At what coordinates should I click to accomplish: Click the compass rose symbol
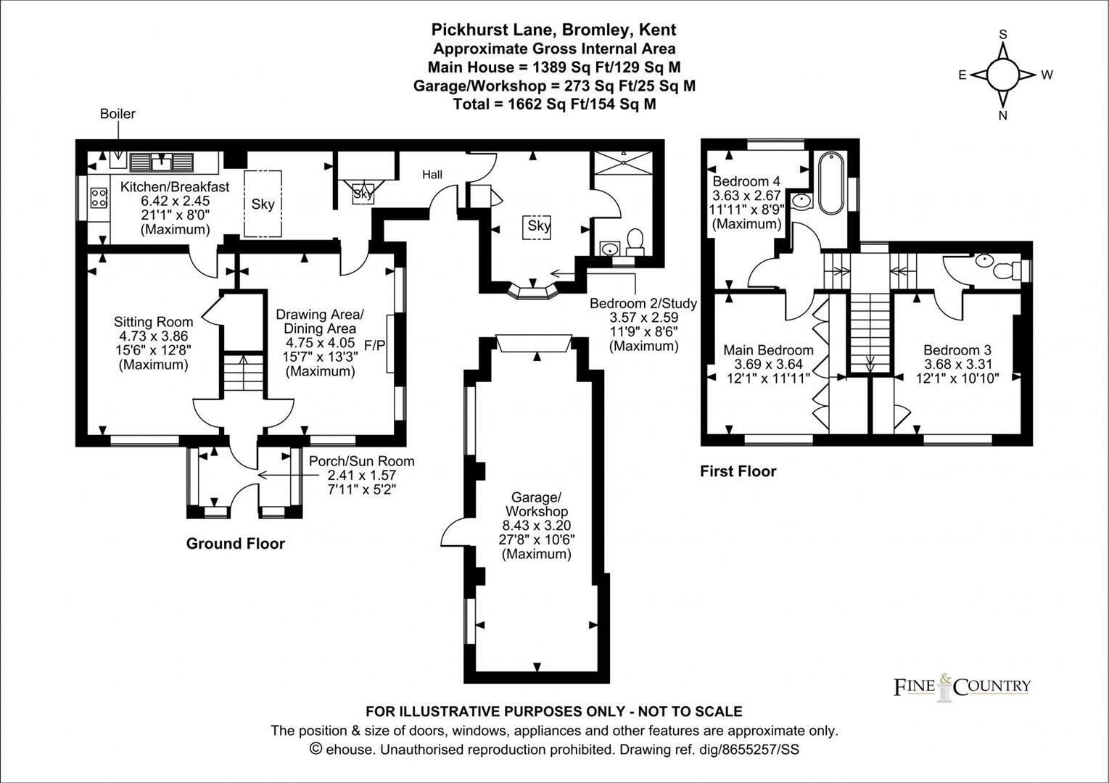click(x=1004, y=75)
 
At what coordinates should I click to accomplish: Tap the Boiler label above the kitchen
click(x=118, y=114)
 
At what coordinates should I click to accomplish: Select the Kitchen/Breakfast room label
click(x=175, y=186)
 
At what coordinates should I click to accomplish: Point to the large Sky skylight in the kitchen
click(x=263, y=204)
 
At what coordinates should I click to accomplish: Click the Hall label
click(x=432, y=175)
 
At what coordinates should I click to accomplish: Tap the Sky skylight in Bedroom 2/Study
click(x=539, y=226)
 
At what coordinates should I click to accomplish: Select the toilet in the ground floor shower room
click(x=636, y=240)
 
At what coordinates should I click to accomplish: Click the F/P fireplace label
click(x=374, y=344)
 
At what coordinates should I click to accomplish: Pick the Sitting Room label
click(x=153, y=322)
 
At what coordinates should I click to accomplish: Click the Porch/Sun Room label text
click(x=361, y=461)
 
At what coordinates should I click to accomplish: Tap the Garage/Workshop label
click(x=536, y=505)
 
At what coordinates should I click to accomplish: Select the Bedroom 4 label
click(x=746, y=181)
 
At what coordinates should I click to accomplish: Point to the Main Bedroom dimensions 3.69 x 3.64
click(x=768, y=364)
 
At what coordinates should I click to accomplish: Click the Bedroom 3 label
click(x=957, y=349)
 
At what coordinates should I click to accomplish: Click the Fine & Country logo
click(x=962, y=686)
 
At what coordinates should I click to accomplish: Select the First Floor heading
click(x=738, y=472)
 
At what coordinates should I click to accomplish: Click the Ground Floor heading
click(x=236, y=544)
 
